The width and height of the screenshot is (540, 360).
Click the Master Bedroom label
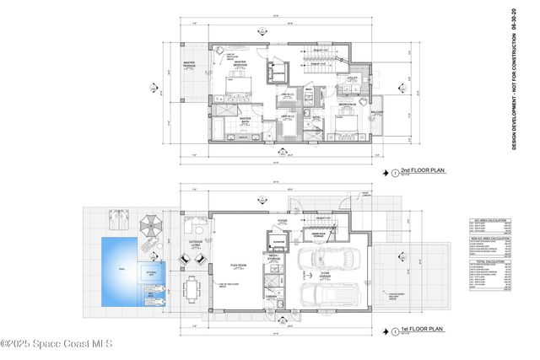[x=239, y=63]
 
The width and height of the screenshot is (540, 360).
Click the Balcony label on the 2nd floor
[x=377, y=110]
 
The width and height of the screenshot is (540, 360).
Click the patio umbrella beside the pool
[x=149, y=226]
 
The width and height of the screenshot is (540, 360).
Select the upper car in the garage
[x=331, y=260]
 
